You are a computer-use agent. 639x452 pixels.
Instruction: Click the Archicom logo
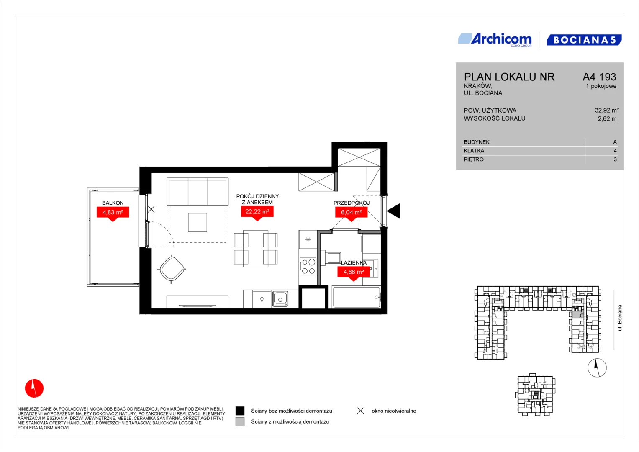[x=495, y=40]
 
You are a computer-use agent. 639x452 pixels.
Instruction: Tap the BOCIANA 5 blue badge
[x=584, y=40]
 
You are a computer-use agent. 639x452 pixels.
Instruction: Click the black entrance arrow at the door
[x=394, y=211]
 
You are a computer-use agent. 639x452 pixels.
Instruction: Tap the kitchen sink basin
[x=280, y=299]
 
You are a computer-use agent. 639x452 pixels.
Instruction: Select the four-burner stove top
[x=308, y=266]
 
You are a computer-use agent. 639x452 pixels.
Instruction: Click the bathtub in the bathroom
[x=357, y=297]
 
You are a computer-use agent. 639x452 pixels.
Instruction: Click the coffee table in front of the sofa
[x=198, y=222]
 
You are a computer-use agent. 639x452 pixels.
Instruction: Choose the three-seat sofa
[x=198, y=192]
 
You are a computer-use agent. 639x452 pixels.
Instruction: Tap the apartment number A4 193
[x=599, y=77]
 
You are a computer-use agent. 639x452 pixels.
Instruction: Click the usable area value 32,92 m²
[x=607, y=110]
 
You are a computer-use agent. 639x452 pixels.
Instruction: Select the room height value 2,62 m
[x=607, y=119]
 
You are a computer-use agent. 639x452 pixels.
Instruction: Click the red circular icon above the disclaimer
[x=34, y=388]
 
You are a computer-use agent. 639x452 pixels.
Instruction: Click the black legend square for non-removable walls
[x=240, y=411]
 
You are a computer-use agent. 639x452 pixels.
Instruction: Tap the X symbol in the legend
[x=361, y=411]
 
